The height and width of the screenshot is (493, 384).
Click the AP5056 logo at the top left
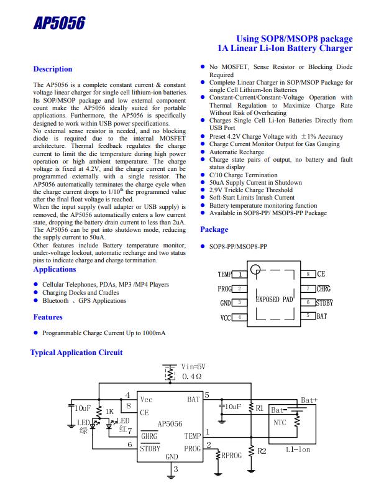pos(59,24)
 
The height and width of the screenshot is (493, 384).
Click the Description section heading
pos(53,69)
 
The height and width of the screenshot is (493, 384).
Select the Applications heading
pos(55,269)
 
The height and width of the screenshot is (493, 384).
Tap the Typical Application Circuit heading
pos(76,352)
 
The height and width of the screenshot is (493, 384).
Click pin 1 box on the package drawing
pos(240,274)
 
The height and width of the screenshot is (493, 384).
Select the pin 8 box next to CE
pos(308,274)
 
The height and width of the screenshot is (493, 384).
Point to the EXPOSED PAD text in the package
pos(274,300)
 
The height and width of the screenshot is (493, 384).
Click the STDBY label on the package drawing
pos(324,303)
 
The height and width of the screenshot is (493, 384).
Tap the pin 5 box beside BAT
pos(308,316)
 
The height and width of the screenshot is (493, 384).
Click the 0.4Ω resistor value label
pos(191,376)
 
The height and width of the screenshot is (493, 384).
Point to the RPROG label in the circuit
pos(232,456)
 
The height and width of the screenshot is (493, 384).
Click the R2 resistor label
pos(262,451)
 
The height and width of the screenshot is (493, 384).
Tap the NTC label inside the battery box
pos(280,423)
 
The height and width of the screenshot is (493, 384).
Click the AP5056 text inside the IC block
pos(170,424)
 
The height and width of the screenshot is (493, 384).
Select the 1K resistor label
pos(109,412)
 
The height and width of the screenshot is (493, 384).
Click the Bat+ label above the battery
pos(309,400)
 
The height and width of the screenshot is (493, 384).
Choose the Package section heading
pos(214,229)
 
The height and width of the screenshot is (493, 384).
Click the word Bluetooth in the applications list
pos(55,301)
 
